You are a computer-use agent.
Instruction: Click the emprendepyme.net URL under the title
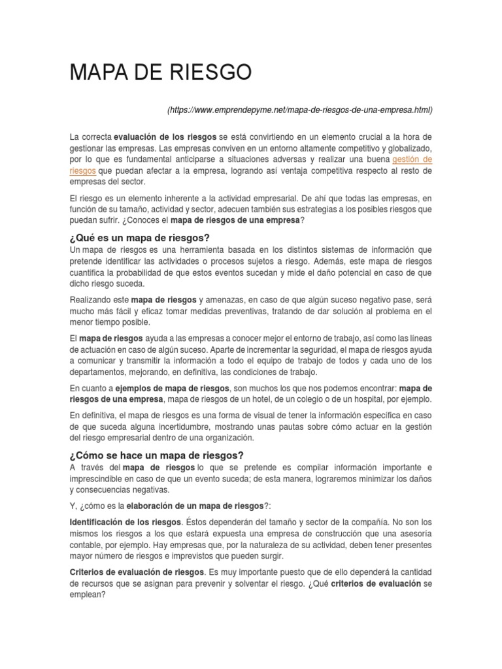(300, 110)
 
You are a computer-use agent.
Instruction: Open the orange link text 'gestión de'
(412, 159)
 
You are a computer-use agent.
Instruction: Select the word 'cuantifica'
(88, 272)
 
